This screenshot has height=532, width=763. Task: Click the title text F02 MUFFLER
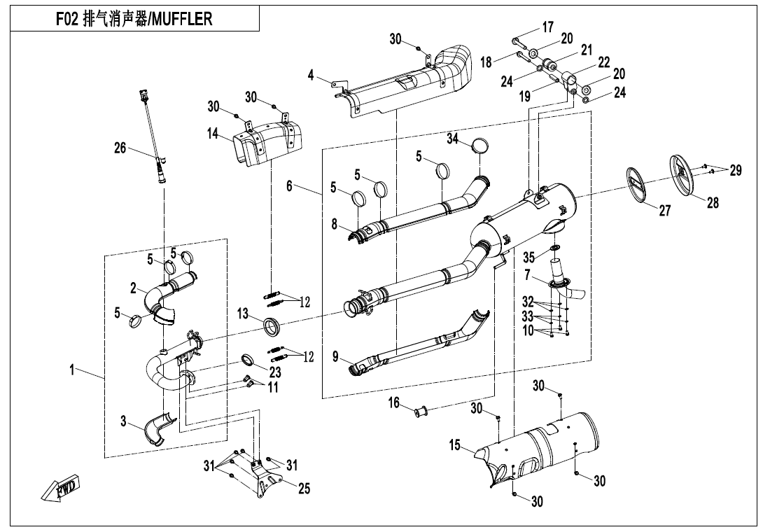[133, 19]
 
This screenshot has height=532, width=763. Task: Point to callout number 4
[311, 73]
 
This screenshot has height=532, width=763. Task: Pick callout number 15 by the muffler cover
[456, 444]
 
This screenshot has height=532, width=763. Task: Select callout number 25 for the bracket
[304, 488]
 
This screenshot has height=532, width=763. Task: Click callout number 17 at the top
[547, 27]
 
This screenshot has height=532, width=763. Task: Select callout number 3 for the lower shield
[123, 421]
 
